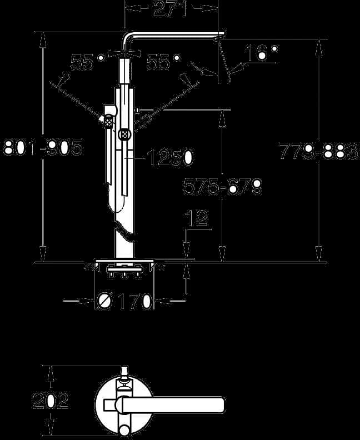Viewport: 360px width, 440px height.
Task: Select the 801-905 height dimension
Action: tap(43, 147)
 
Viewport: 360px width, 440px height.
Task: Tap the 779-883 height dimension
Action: tap(318, 151)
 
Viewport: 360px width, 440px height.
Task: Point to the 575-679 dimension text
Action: tap(222, 186)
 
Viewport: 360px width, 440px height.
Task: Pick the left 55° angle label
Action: tap(88, 62)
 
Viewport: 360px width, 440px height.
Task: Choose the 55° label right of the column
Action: tap(163, 62)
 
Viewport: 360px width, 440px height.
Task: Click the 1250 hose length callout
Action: tap(170, 157)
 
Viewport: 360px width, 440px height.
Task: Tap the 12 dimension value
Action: tap(198, 217)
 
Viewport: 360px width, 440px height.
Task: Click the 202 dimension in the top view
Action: tap(51, 400)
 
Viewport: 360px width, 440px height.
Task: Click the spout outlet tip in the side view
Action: tap(220, 36)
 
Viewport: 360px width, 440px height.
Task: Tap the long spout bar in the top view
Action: tap(171, 405)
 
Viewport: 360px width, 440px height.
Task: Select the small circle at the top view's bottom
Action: tap(124, 431)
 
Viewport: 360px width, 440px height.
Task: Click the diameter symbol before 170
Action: tap(104, 301)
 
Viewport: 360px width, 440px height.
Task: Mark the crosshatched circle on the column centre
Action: tap(124, 134)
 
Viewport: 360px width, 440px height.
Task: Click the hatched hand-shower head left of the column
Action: tap(109, 122)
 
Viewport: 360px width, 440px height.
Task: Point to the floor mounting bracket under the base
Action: tap(124, 271)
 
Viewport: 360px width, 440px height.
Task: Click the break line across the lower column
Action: tap(125, 229)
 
